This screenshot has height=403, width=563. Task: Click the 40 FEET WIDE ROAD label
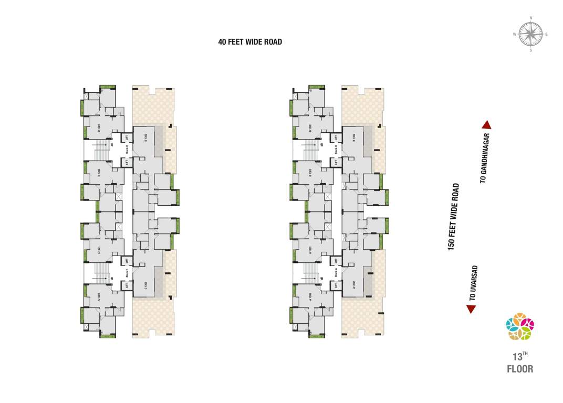click(250, 42)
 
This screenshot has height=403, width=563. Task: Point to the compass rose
click(530, 35)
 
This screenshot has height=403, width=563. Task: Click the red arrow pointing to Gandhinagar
click(486, 125)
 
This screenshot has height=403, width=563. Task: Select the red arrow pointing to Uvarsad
click(471, 309)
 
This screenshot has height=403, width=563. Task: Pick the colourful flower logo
click(519, 326)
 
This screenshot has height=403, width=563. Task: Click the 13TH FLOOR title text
click(519, 363)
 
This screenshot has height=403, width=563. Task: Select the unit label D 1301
click(99, 128)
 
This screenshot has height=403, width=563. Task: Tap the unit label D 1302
click(145, 138)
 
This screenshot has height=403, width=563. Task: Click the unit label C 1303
click(99, 297)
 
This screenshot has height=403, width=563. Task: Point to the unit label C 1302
click(145, 285)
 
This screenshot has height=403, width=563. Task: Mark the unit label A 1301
click(310, 250)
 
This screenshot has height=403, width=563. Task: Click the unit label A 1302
click(355, 285)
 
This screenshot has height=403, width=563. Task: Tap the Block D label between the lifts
click(127, 149)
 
